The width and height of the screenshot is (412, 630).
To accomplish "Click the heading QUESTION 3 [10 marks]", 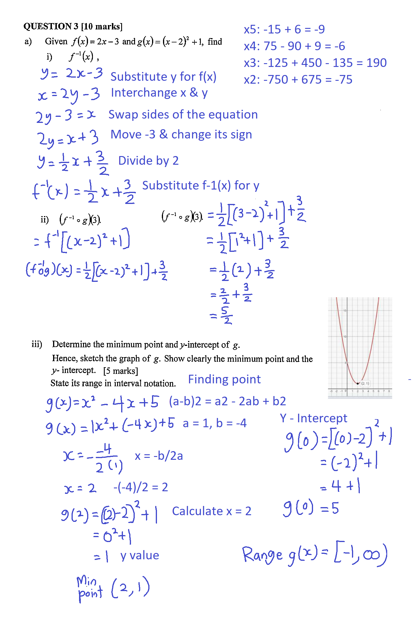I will click(x=73, y=27).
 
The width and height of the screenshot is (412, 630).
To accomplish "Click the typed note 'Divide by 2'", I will click(x=148, y=161).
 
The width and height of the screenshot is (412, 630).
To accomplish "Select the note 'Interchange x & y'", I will click(x=159, y=93).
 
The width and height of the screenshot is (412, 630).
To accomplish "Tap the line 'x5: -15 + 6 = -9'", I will click(x=284, y=29).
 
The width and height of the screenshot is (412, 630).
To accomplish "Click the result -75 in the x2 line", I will click(x=344, y=80).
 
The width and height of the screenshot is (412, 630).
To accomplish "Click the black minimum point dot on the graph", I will click(x=357, y=383).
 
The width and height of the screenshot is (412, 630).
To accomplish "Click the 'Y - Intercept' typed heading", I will click(x=313, y=418).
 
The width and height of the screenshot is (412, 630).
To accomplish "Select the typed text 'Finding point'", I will click(x=224, y=379).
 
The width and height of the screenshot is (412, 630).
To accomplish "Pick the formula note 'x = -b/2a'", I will click(x=159, y=456).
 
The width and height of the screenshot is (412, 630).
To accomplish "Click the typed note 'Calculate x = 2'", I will click(x=211, y=511).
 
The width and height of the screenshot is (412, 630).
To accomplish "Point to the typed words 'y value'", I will click(x=140, y=555).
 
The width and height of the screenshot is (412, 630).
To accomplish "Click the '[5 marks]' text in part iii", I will click(x=121, y=371).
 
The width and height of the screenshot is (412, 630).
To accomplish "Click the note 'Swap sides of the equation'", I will click(x=183, y=115).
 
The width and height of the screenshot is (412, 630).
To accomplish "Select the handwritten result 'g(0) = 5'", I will click(x=311, y=508).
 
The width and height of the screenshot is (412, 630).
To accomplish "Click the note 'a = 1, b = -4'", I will click(x=215, y=423).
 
